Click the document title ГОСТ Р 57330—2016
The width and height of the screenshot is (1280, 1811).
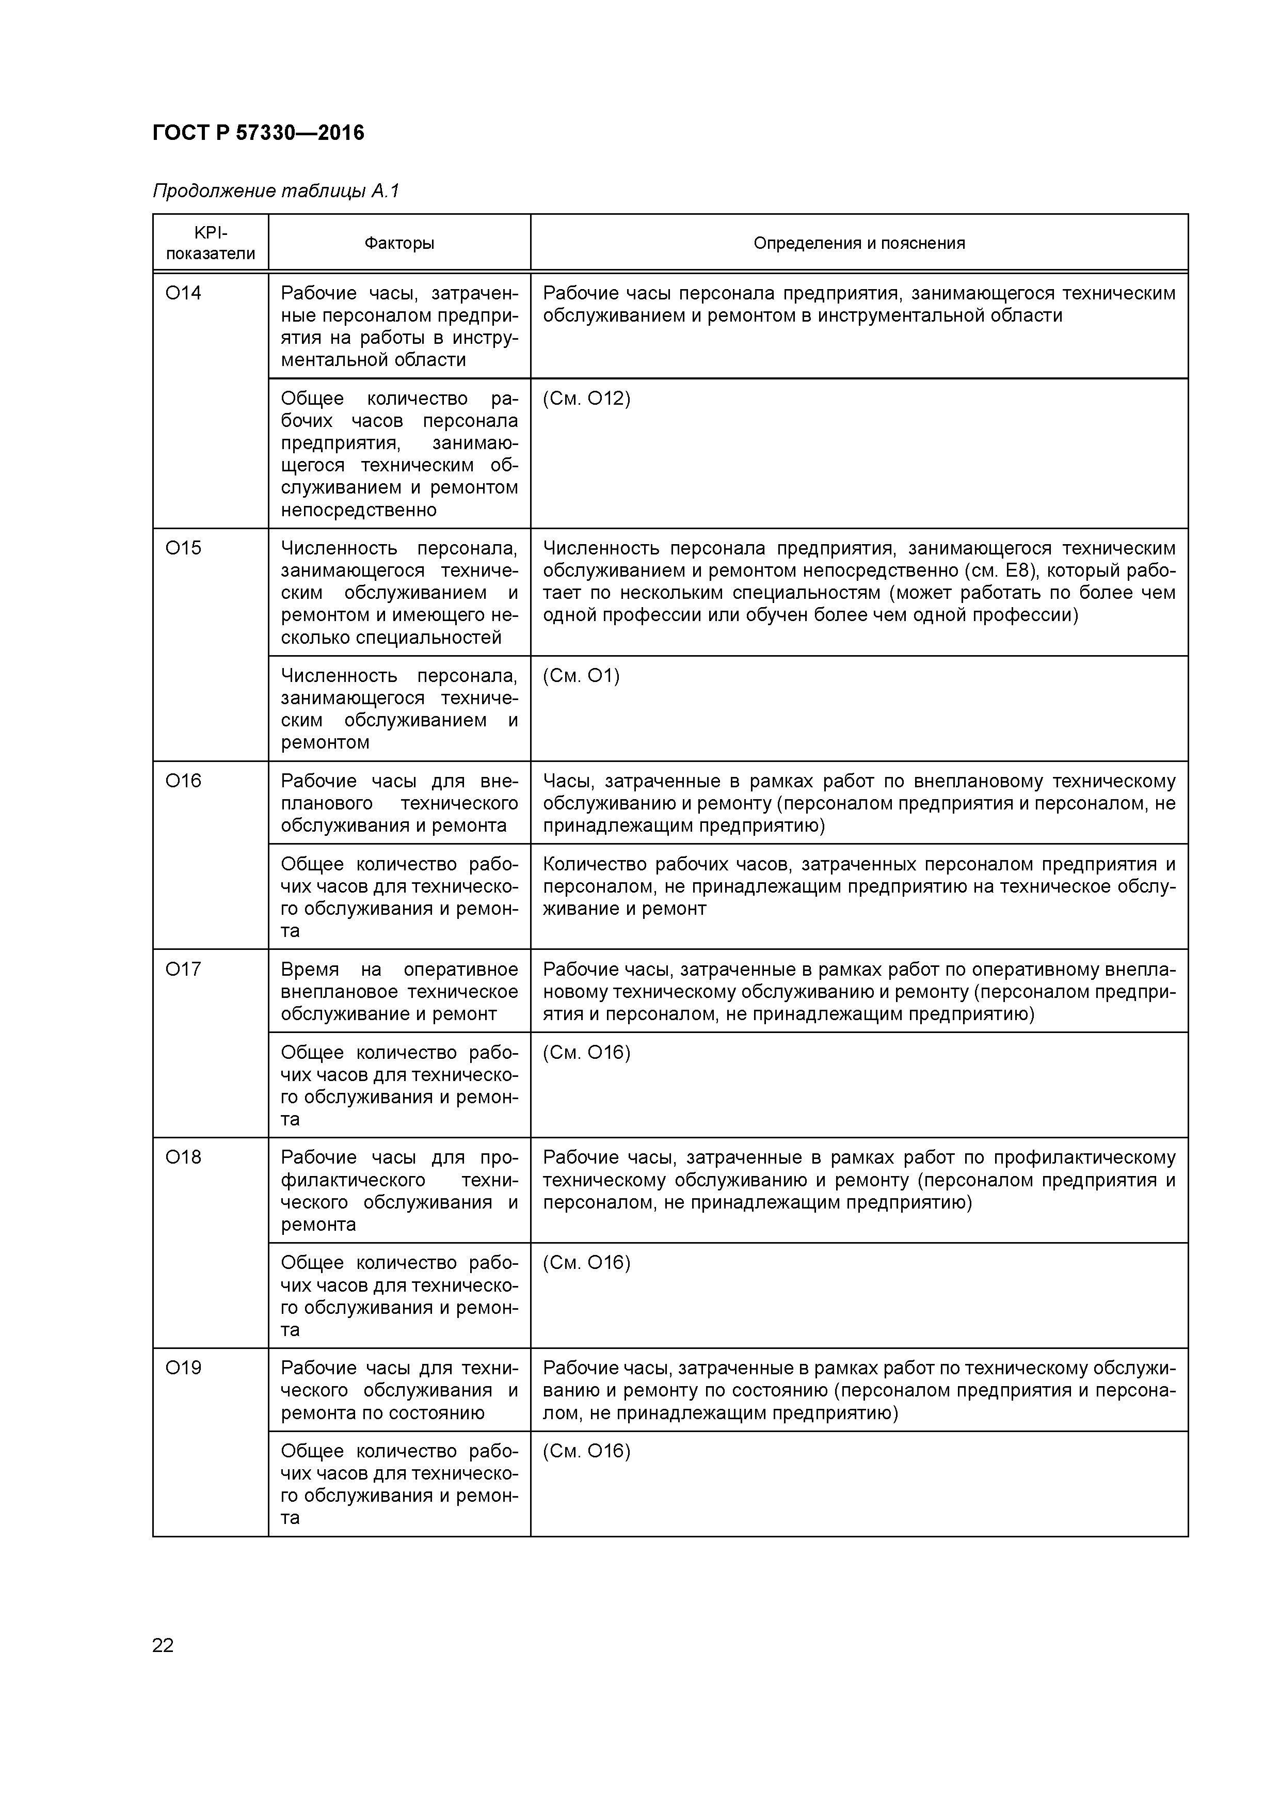(258, 133)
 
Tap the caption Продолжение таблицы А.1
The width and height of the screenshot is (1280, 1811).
(276, 191)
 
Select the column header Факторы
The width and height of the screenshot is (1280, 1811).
(399, 243)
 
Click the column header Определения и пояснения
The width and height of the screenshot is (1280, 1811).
(859, 243)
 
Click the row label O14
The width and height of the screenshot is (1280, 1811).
(183, 293)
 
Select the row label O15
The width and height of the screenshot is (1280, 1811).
(183, 548)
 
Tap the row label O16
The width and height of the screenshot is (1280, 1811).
(183, 781)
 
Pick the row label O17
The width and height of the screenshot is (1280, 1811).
(183, 970)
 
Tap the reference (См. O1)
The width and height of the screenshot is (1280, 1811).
(581, 676)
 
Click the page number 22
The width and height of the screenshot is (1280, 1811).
(163, 1645)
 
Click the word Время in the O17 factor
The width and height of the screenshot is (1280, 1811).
(309, 970)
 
